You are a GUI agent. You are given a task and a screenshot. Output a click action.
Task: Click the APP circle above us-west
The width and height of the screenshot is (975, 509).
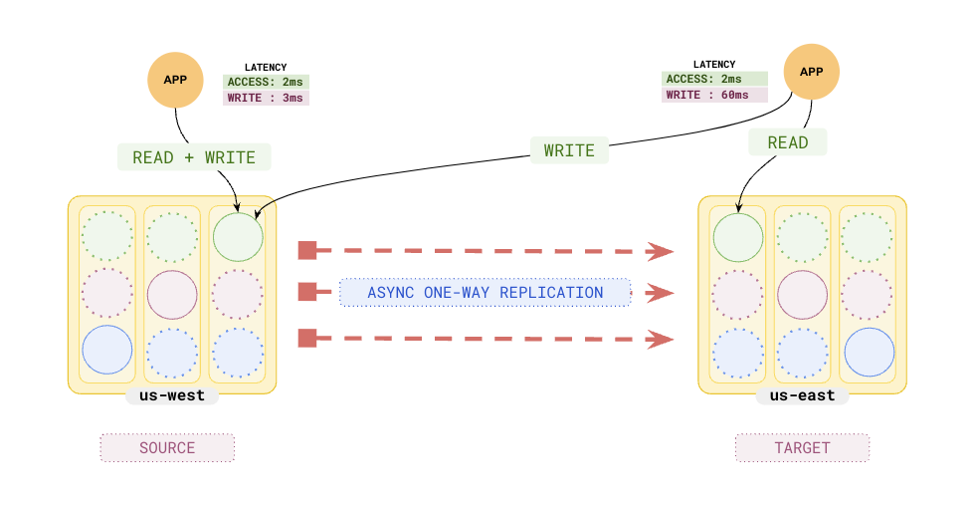point(175,79)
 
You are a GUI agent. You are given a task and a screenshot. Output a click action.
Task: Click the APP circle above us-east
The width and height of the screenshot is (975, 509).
point(812,72)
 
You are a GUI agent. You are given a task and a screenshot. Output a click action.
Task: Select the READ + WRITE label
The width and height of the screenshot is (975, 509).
point(194,157)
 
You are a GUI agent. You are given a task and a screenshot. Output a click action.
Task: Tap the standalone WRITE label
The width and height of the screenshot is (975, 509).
point(569,150)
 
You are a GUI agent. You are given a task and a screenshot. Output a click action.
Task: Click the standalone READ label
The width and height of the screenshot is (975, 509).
point(788,142)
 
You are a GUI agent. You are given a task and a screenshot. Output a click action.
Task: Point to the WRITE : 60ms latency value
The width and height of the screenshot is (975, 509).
point(714,95)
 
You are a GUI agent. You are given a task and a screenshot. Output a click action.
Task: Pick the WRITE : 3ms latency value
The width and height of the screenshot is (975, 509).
point(266,98)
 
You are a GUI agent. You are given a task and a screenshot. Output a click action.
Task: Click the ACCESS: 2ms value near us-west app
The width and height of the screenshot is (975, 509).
point(266,82)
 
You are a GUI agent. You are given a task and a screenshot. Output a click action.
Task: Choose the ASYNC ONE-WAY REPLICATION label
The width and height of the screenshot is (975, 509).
point(486,293)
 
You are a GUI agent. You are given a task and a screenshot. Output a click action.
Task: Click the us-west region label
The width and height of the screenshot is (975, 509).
point(172,395)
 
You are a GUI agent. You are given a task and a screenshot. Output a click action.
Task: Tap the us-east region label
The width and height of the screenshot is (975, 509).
point(802,395)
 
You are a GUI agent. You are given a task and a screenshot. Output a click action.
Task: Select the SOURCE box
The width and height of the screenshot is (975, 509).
point(167,447)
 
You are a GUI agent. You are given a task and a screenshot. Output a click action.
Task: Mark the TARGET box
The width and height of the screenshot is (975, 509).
point(802,447)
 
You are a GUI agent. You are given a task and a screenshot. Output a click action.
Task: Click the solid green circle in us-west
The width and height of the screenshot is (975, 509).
point(238,237)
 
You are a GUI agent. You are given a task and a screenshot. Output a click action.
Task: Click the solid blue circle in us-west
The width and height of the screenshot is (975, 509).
point(107,351)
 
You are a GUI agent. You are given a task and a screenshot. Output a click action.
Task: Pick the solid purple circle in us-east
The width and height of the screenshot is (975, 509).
point(803,294)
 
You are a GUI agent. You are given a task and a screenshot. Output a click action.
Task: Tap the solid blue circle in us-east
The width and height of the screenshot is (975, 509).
point(870,352)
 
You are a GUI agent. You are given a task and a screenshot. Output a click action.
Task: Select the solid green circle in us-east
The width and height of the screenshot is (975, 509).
point(738,237)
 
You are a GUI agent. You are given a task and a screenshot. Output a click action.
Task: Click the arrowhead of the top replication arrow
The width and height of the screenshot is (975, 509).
point(660,251)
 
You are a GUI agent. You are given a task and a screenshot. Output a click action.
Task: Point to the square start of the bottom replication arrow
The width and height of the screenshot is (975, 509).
point(307,338)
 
